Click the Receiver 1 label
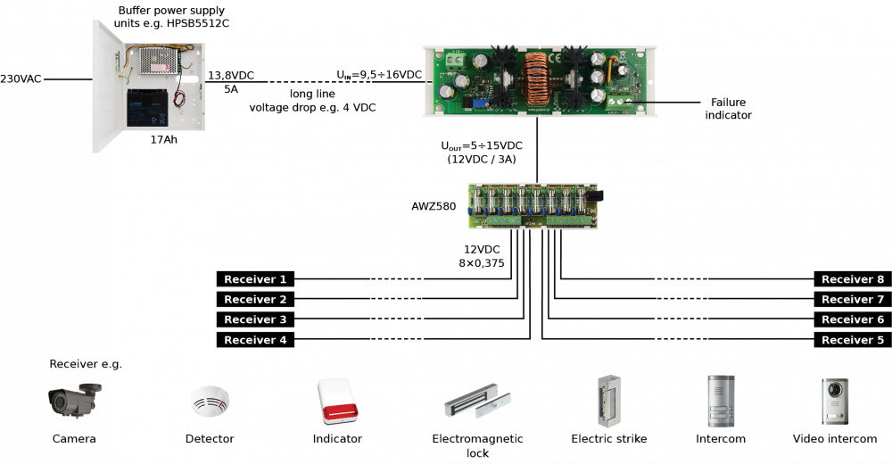(x=255, y=279)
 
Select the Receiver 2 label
(x=255, y=300)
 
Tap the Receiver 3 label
(x=255, y=319)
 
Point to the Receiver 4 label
(x=255, y=340)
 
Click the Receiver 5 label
(x=853, y=340)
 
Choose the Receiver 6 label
(x=853, y=319)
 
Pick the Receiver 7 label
(x=853, y=300)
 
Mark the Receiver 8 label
(x=853, y=279)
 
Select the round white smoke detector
(x=210, y=401)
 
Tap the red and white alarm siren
(x=338, y=401)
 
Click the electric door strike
(x=608, y=401)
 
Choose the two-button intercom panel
(x=721, y=401)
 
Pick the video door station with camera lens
(x=835, y=401)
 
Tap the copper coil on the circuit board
(x=536, y=80)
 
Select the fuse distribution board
(x=533, y=206)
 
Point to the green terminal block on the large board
(x=455, y=61)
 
